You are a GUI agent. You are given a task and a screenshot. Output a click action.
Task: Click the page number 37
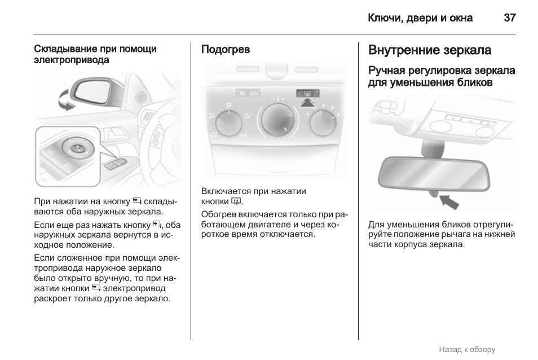point(509,17)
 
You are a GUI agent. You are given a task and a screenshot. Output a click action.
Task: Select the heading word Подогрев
point(226,50)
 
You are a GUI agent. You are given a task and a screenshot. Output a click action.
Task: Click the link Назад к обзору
point(466,349)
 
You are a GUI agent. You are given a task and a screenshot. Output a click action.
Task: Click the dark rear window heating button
point(307,93)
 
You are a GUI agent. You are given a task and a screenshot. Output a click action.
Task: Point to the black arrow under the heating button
point(307,103)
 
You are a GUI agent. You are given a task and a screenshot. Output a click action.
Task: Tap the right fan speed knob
point(323,122)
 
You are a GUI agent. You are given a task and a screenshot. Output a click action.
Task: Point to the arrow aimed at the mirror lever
point(449,201)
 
